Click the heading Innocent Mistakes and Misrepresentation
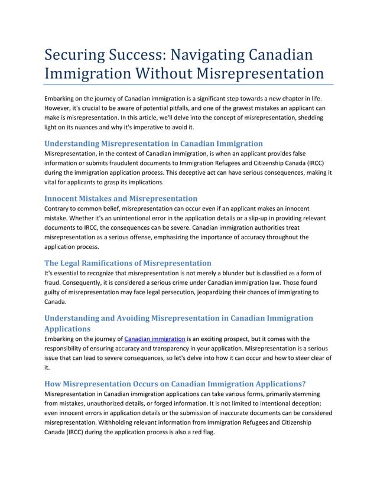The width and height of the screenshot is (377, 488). tap(121, 198)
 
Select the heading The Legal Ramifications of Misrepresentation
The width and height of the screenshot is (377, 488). tap(128, 262)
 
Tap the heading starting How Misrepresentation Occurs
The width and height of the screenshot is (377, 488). tap(175, 383)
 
